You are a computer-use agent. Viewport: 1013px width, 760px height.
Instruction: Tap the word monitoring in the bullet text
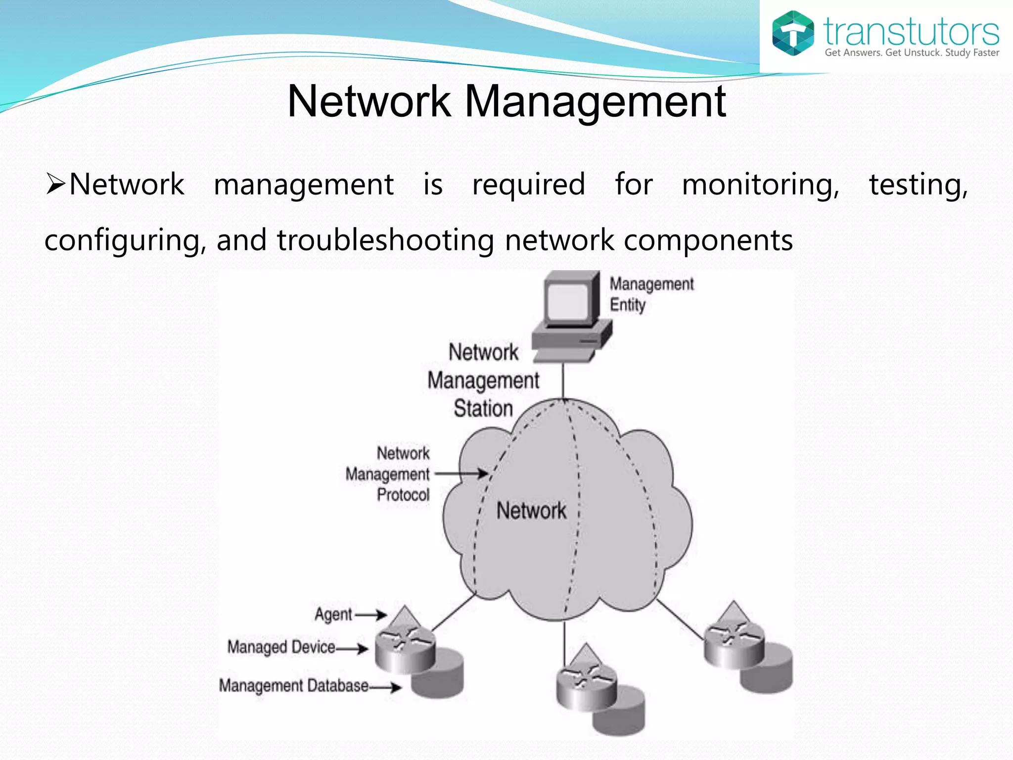point(760,185)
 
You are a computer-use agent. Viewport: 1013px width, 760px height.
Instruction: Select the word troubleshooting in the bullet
point(385,240)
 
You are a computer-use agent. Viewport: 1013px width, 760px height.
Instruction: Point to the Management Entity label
point(651,294)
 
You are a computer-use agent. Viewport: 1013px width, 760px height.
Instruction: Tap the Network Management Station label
point(483,380)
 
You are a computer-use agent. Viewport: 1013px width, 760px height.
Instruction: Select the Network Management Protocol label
point(388,474)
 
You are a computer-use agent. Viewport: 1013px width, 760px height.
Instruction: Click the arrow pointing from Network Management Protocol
point(461,474)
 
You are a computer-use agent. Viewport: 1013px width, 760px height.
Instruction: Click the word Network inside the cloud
point(531,511)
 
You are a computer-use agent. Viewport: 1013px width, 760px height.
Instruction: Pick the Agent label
point(333,615)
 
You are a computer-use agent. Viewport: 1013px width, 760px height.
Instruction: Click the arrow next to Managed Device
point(352,648)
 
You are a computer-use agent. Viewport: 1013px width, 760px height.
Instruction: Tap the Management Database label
point(294,686)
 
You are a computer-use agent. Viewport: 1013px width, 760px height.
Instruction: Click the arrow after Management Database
point(386,687)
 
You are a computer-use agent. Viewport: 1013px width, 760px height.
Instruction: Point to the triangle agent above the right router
point(734,614)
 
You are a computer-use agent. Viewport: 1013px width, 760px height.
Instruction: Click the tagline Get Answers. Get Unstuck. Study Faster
point(912,53)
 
